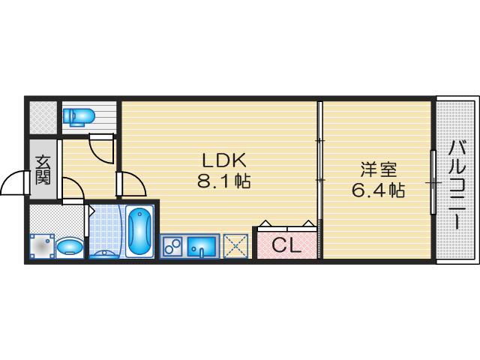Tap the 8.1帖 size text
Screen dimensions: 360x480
pos(223,181)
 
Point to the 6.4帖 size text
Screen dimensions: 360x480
pos(378,190)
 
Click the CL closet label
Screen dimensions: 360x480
pos(286,245)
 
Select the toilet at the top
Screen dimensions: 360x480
pos(78,115)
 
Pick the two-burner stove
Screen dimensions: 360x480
pos(172,245)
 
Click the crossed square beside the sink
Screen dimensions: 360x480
pos(236,245)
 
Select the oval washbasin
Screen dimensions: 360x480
pos(70,246)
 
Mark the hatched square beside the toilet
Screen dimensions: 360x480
pos(43,115)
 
